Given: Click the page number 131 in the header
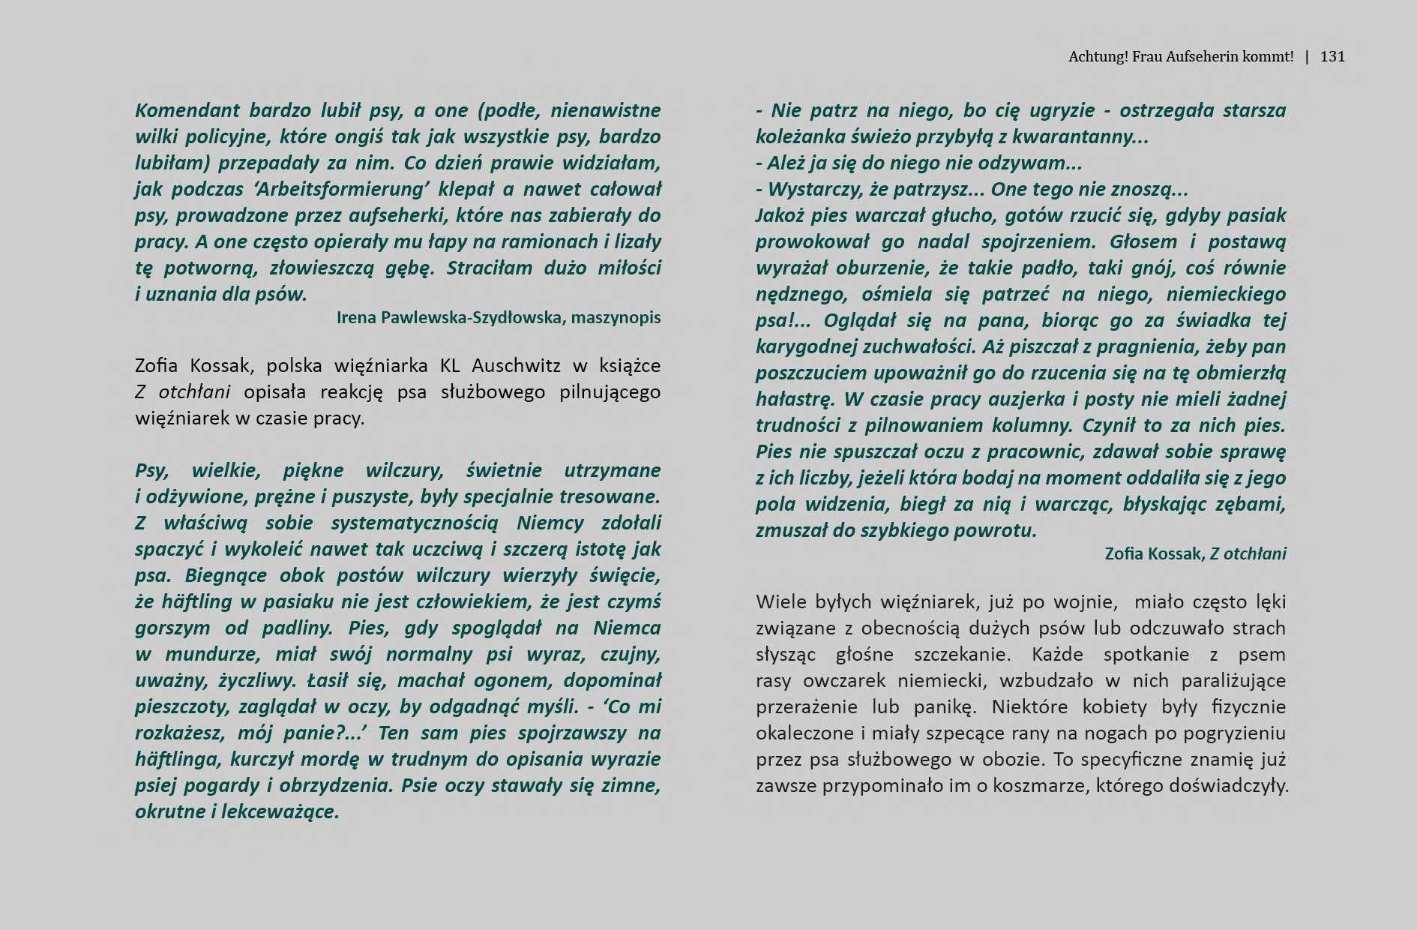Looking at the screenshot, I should pyautogui.click(x=1332, y=56).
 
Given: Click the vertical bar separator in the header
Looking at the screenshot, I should pyautogui.click(x=1308, y=56).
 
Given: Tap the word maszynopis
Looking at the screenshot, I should pyautogui.click(x=616, y=317).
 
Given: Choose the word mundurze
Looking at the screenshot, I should pyautogui.click(x=213, y=654).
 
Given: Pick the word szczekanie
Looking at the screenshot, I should pyautogui.click(x=961, y=655).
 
